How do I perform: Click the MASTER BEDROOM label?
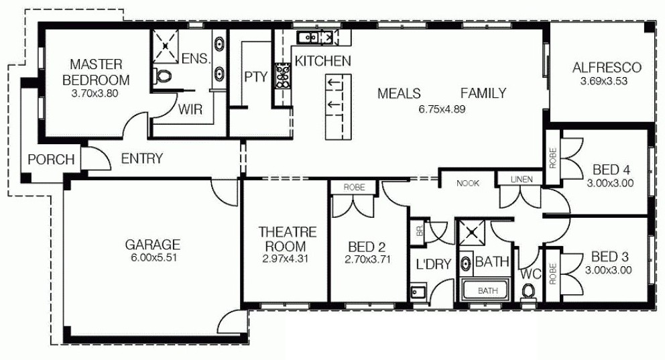pos(95,72)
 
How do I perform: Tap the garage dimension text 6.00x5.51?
pos(153,258)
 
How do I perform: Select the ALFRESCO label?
pos(607,68)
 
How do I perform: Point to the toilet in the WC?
pos(528,292)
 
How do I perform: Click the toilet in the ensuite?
pos(162,76)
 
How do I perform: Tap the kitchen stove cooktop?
pos(282,76)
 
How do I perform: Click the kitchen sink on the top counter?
pos(308,38)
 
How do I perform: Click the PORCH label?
pos(52,160)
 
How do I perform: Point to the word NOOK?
pos(468,183)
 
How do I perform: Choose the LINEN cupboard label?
pos(522,180)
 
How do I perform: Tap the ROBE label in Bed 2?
pos(354,187)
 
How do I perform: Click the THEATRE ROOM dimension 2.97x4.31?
pos(286,259)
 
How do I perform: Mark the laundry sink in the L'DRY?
pos(418,292)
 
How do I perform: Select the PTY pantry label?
pos(256,76)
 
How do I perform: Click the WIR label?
pos(190,109)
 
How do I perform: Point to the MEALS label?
pos(399,93)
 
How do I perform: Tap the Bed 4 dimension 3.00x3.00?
pos(610,183)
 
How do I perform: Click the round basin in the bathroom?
pos(466,263)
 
